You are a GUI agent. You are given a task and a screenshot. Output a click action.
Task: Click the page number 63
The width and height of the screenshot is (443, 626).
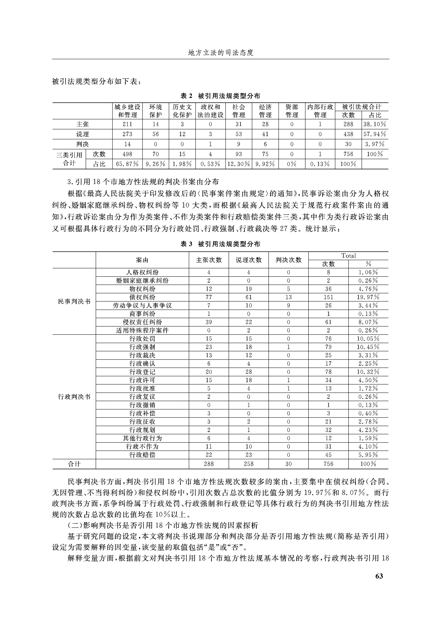pyautogui.click(x=379, y=576)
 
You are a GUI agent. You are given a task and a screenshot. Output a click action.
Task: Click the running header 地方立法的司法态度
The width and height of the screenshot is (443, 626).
pyautogui.click(x=221, y=53)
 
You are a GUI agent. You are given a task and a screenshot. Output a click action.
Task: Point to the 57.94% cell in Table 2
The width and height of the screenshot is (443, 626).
pyautogui.click(x=375, y=134)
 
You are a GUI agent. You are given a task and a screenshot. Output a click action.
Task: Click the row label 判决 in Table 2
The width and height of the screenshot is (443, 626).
pyautogui.click(x=82, y=144)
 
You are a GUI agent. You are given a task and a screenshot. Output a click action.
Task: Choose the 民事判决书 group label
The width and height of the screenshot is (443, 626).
pyautogui.click(x=74, y=301)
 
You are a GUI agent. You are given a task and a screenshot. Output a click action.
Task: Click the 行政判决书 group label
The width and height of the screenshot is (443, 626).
pyautogui.click(x=74, y=397)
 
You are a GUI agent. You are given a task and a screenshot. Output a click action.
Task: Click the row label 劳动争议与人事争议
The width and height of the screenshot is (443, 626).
pyautogui.click(x=142, y=305)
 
